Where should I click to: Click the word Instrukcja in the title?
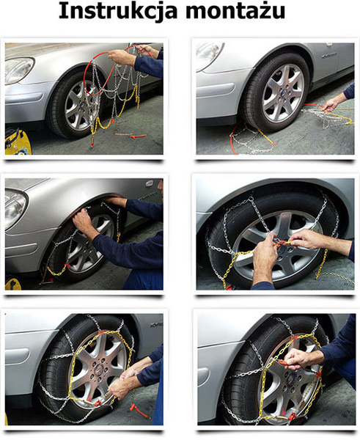click(x=114, y=12)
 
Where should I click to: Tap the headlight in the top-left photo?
click(x=19, y=71)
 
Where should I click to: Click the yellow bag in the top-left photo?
click(x=15, y=142)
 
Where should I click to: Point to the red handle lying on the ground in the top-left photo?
click(x=132, y=136)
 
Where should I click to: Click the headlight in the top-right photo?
click(x=209, y=55)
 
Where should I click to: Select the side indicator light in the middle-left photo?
click(x=150, y=183)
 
